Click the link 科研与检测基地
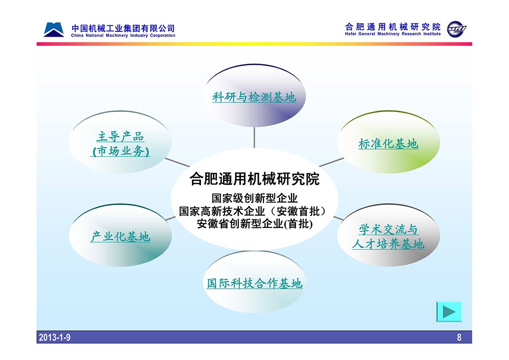click(x=254, y=97)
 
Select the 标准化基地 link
click(x=389, y=144)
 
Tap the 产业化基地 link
click(x=120, y=236)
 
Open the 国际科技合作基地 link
click(x=255, y=283)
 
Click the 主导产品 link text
click(x=120, y=136)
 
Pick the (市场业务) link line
click(x=120, y=151)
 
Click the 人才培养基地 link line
click(x=389, y=244)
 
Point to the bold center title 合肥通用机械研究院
click(x=255, y=179)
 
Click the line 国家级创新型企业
click(x=255, y=198)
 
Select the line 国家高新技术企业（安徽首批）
click(x=252, y=211)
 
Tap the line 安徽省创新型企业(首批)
click(x=255, y=224)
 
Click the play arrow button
click(x=449, y=312)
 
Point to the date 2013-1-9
click(x=55, y=337)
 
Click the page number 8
click(x=459, y=337)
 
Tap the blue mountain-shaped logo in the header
click(x=53, y=30)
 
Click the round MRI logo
click(x=456, y=29)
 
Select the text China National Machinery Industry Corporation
click(x=123, y=36)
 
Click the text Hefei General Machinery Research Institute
click(x=393, y=34)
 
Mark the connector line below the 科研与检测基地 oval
click(x=254, y=138)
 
